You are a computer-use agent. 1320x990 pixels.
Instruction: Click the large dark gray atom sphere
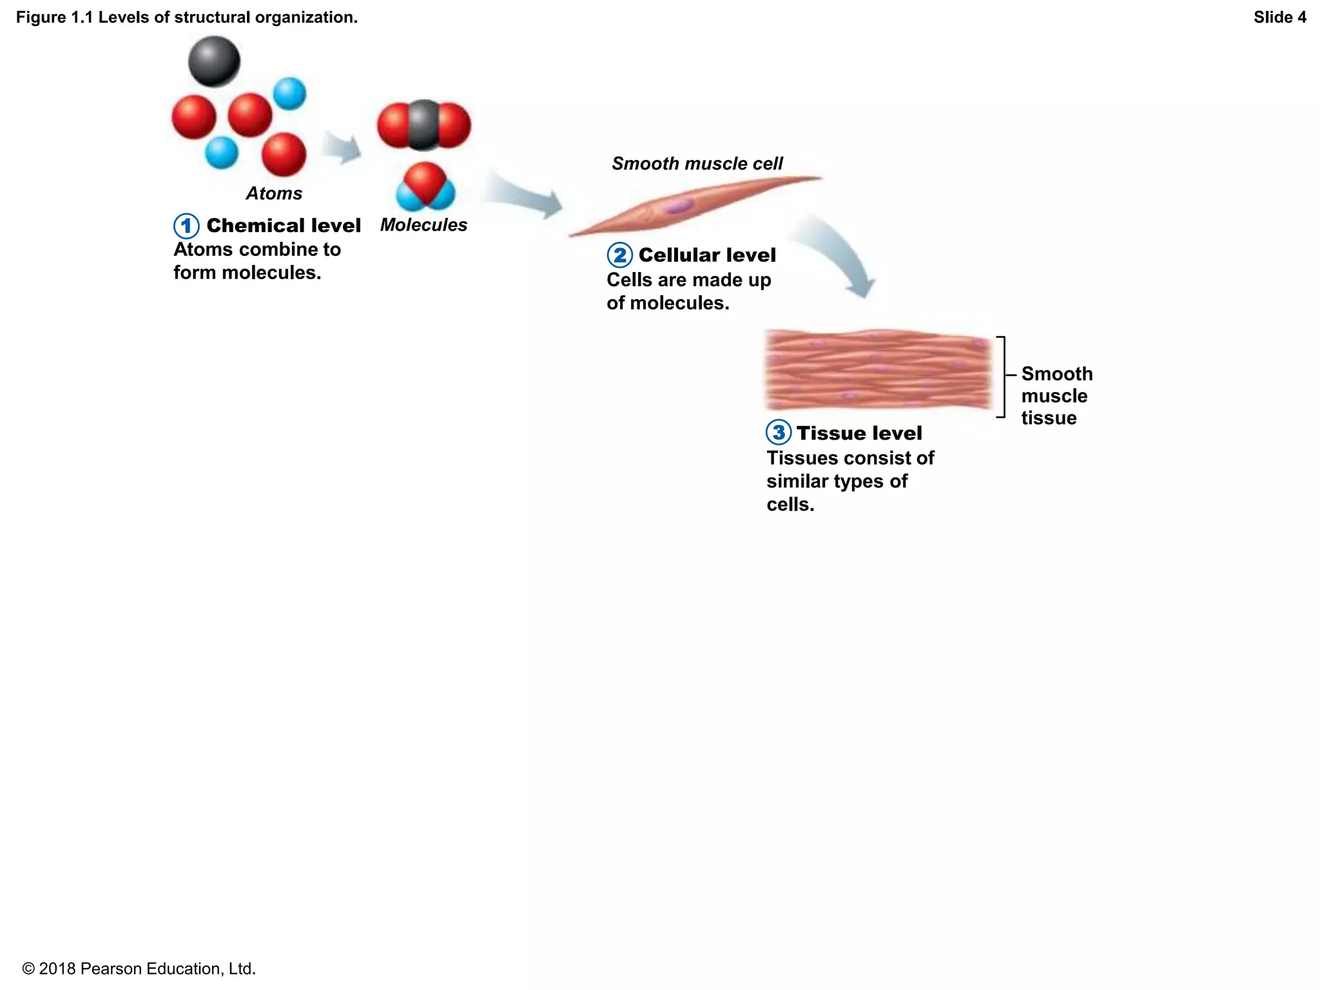click(214, 61)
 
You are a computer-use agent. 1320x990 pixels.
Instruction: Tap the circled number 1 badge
click(186, 226)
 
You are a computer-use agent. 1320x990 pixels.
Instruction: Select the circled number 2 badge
click(619, 255)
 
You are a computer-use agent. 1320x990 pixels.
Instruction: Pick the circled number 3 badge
click(779, 432)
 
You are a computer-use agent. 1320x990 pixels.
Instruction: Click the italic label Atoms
click(274, 193)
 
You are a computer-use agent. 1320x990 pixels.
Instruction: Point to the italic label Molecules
click(423, 225)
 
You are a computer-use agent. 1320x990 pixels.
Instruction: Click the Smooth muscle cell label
click(697, 164)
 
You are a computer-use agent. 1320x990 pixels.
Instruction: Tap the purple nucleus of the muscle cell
click(678, 206)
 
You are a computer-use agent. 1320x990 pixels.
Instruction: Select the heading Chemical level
click(284, 226)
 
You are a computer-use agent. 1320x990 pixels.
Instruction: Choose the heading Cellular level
click(707, 255)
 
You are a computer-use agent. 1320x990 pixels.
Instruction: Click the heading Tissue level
click(859, 433)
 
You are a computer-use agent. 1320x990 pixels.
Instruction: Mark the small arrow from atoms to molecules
click(342, 148)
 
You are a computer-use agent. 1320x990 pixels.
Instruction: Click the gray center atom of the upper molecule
click(423, 124)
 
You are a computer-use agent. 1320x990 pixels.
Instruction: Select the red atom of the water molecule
click(425, 180)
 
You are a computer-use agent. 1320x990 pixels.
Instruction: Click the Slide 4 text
click(1279, 17)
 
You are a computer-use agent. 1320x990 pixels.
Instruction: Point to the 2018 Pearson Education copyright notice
click(139, 969)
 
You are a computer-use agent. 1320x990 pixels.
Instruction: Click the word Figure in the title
click(41, 17)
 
